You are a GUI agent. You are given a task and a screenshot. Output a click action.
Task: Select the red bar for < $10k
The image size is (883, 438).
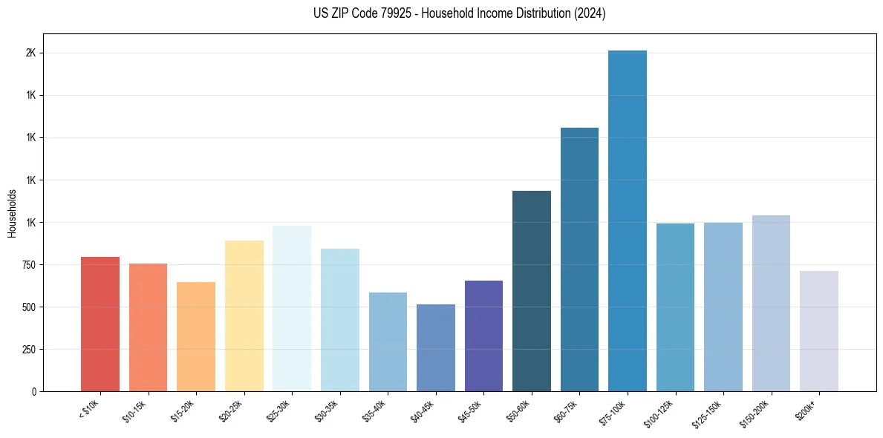100,324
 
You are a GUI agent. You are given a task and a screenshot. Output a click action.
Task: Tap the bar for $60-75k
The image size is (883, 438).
579,259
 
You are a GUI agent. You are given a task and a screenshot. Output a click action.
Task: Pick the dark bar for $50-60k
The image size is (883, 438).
532,291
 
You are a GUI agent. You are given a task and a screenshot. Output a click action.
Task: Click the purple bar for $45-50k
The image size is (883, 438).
483,336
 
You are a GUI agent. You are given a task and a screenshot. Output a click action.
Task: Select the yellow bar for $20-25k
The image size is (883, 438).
244,316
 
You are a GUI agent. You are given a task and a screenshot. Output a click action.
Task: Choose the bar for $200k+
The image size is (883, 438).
819,331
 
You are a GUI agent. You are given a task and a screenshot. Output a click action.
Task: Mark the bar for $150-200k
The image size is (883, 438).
771,303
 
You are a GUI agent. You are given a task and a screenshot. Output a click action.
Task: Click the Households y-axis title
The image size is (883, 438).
12,212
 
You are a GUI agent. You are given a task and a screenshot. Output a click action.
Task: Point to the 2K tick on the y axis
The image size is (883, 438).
30,53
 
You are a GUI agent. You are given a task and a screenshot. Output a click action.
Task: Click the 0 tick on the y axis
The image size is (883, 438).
33,391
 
